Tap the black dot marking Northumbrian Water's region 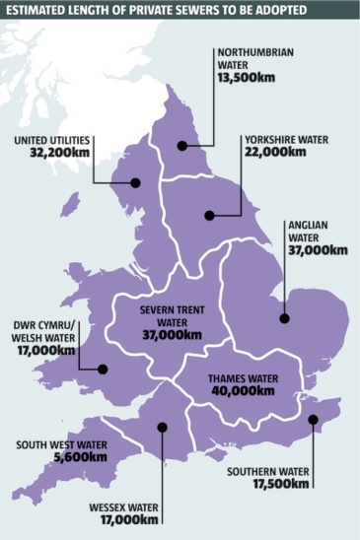(181, 147)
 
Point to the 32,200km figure (58, 154)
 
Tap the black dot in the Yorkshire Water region (208, 215)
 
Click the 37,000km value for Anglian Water (317, 250)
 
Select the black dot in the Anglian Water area (283, 318)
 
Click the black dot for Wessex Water (162, 427)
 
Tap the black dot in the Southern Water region (312, 420)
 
